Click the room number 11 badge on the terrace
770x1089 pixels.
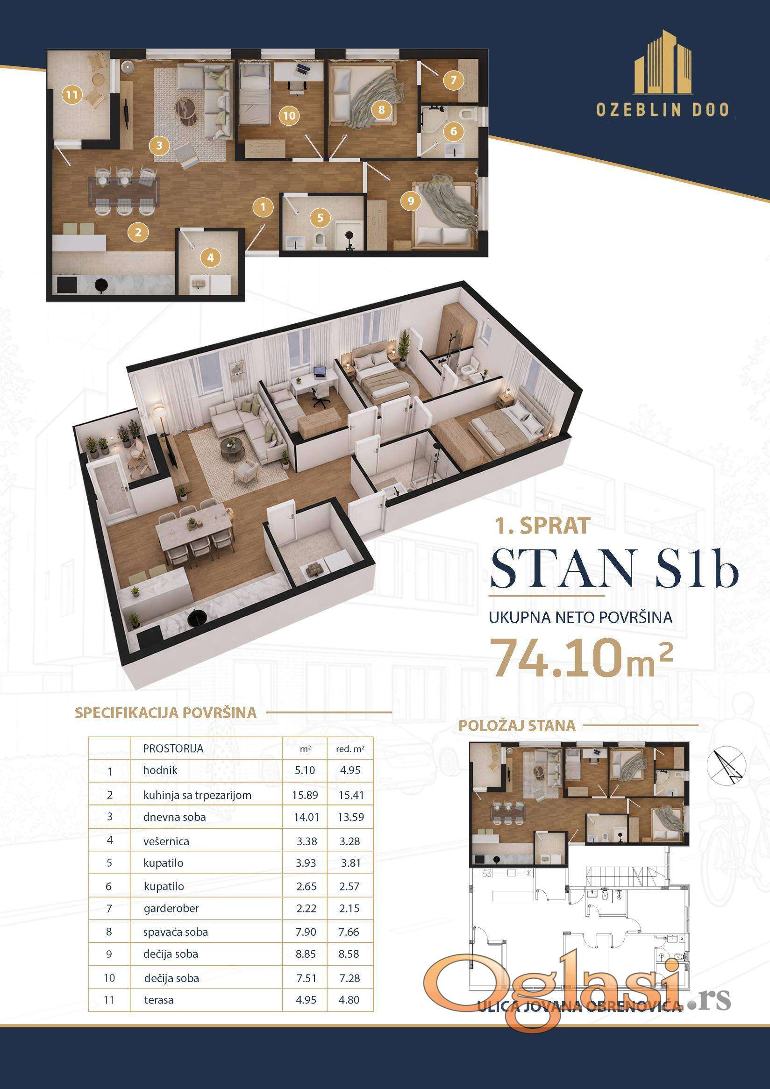(71, 95)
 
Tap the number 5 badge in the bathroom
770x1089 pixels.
(320, 218)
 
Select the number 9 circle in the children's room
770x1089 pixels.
(411, 201)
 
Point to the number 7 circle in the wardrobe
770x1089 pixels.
(453, 80)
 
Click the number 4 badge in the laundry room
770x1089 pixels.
(211, 257)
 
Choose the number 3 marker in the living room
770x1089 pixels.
(159, 146)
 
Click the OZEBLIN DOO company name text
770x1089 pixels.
(663, 110)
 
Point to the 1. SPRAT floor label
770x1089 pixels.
(543, 526)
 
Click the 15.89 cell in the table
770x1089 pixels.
(305, 795)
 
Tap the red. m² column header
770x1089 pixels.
(350, 749)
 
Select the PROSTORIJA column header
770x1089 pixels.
(173, 748)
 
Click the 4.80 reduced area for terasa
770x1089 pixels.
(349, 1000)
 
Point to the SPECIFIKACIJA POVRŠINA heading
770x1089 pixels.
(165, 713)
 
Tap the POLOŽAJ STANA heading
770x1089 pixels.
(517, 725)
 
